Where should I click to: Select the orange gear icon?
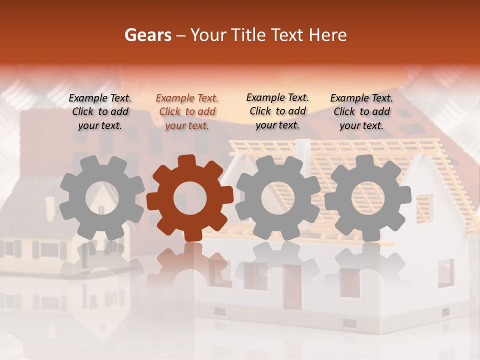click(x=190, y=198)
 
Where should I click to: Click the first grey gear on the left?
click(x=102, y=198)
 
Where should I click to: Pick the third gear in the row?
click(x=278, y=198)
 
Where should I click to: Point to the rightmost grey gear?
click(x=368, y=198)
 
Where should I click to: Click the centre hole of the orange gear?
click(x=190, y=198)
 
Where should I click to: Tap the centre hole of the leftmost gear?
click(x=102, y=198)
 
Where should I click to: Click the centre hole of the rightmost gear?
click(x=368, y=198)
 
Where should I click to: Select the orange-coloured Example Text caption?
click(x=187, y=112)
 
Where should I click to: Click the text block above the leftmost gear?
click(x=100, y=111)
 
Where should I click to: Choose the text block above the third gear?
click(x=277, y=111)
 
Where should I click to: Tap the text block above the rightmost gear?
click(x=361, y=111)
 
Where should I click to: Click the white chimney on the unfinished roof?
click(x=302, y=150)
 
